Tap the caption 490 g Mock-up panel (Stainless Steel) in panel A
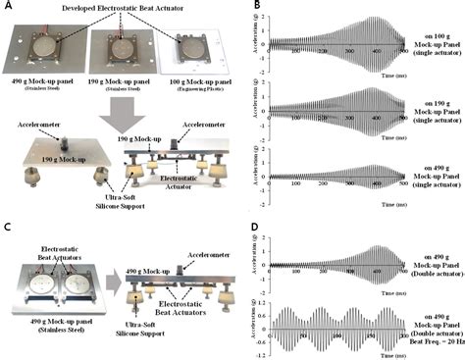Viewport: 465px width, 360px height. click(44, 95)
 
